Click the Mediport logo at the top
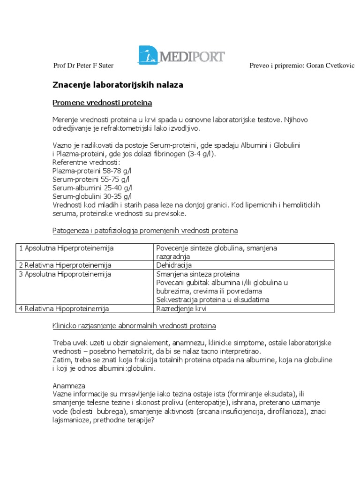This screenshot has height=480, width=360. click(181, 57)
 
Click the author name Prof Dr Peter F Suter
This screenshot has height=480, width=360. click(83, 66)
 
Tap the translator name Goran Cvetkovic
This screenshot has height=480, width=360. click(330, 66)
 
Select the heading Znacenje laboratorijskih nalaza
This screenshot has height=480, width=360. click(117, 85)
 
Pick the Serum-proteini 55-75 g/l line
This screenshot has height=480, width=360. click(92, 179)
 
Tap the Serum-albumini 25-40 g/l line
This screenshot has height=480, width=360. click(92, 187)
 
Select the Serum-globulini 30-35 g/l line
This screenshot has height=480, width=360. click(92, 196)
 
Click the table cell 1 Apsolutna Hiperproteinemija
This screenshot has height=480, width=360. click(66, 247)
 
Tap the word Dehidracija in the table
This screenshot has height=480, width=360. click(174, 265)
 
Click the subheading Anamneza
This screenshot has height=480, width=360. click(69, 385)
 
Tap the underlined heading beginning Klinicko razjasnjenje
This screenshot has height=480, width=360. click(134, 325)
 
